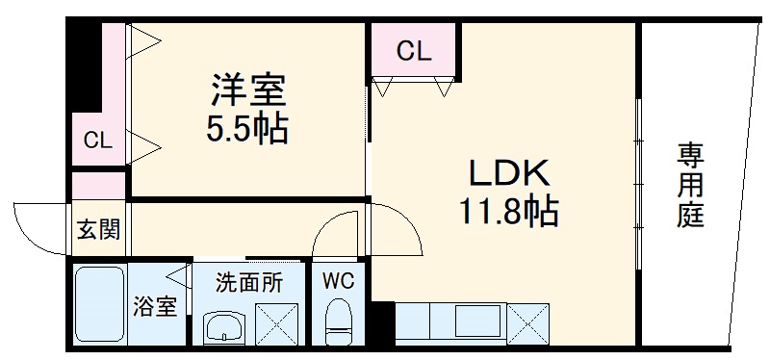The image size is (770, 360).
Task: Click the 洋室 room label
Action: click(248, 93)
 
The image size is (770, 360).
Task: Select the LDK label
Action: click(508, 175)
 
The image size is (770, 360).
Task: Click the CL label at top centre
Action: click(414, 51)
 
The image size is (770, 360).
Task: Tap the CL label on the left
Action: click(97, 141)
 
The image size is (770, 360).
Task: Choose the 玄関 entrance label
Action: click(98, 230)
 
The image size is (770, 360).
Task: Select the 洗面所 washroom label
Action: click(248, 283)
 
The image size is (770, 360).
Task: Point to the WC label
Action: click(338, 282)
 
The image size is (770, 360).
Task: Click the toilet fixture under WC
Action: click(339, 322)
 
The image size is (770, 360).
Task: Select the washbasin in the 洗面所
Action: click(223, 328)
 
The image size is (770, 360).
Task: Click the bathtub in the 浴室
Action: click(100, 305)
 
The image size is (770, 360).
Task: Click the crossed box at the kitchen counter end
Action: click(526, 323)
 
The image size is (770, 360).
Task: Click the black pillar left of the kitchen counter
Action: click(382, 323)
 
